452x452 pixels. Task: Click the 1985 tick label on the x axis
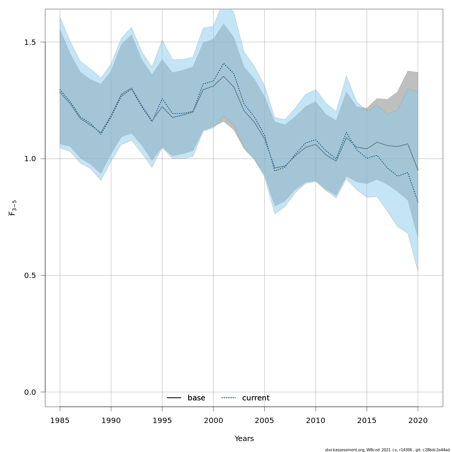pyautogui.click(x=60, y=421)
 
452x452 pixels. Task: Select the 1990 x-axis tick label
pyautogui.click(x=111, y=421)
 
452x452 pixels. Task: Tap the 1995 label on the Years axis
pyautogui.click(x=162, y=421)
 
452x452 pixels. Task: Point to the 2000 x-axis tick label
pyautogui.click(x=213, y=421)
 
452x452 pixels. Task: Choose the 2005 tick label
pyautogui.click(x=264, y=421)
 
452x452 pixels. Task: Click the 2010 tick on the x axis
pyautogui.click(x=316, y=421)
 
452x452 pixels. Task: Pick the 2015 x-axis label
pyautogui.click(x=367, y=421)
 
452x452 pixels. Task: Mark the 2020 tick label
pyautogui.click(x=418, y=421)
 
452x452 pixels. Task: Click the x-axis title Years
pyautogui.click(x=244, y=439)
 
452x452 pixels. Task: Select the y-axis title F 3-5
pyautogui.click(x=12, y=208)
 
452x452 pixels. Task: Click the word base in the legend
pyautogui.click(x=196, y=398)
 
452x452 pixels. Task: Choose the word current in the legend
pyautogui.click(x=256, y=398)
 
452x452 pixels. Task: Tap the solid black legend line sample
pyautogui.click(x=174, y=398)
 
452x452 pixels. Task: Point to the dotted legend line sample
pyautogui.click(x=228, y=398)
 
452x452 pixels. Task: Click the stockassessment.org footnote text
pyautogui.click(x=387, y=450)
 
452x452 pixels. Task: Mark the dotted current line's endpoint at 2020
pyautogui.click(x=418, y=203)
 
